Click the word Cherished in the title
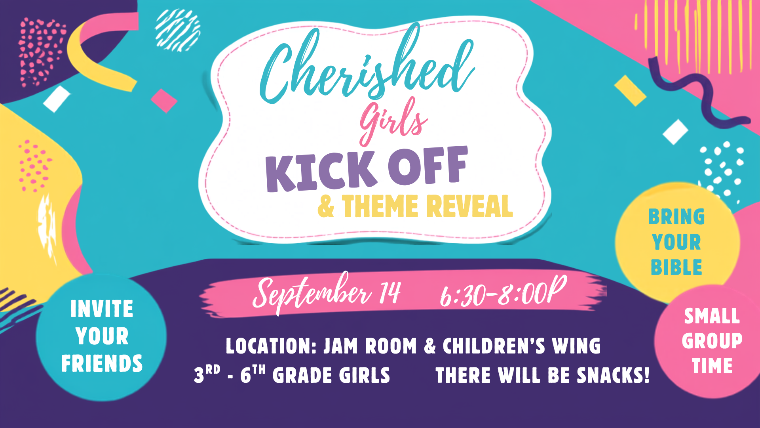366,65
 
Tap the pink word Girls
393,121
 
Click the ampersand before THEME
326,206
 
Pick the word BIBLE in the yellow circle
676,267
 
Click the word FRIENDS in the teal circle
102,363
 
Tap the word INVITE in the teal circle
102,309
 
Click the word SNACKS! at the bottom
613,375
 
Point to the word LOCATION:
272,346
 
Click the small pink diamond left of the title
164,101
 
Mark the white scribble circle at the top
178,30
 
